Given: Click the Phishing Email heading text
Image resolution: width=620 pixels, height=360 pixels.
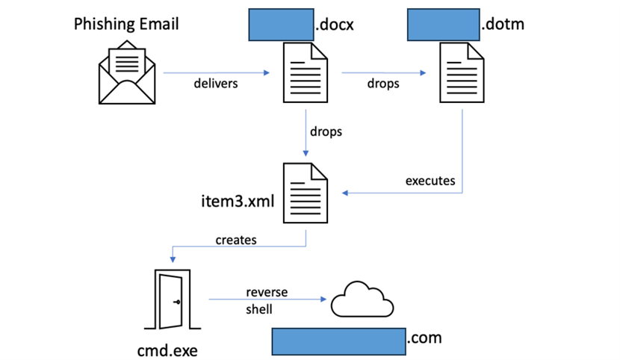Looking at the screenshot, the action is pyautogui.click(x=126, y=25).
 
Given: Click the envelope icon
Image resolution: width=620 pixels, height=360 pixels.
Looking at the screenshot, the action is pyautogui.click(x=127, y=72).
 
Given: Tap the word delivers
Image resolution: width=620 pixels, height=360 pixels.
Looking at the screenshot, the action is pyautogui.click(x=215, y=84).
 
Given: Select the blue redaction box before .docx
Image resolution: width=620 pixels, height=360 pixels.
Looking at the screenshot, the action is pyautogui.click(x=281, y=25).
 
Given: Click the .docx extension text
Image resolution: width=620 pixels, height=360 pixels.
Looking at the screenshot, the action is pyautogui.click(x=335, y=25).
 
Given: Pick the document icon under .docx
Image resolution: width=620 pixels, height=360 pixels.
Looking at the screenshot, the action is pyautogui.click(x=306, y=72).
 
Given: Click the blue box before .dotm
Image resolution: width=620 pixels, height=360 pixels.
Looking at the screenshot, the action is pyautogui.click(x=444, y=25).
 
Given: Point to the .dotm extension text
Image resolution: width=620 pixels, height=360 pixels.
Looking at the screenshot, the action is pyautogui.click(x=503, y=24).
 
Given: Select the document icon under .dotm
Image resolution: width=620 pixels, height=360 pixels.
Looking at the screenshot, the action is pyautogui.click(x=462, y=72).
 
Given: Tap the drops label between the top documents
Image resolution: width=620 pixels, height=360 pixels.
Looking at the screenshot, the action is pyautogui.click(x=383, y=84).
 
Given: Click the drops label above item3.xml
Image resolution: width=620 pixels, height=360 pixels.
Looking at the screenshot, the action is pyautogui.click(x=326, y=131).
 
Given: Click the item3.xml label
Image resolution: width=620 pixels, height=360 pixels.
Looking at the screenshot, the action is pyautogui.click(x=238, y=201).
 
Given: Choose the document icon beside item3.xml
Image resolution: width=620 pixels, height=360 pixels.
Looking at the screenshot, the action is pyautogui.click(x=306, y=193).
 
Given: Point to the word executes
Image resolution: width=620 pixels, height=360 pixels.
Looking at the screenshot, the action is pyautogui.click(x=430, y=181).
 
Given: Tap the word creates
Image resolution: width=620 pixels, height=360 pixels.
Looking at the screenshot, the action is pyautogui.click(x=236, y=240).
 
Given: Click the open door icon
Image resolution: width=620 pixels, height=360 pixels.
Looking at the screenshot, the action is pyautogui.click(x=173, y=300).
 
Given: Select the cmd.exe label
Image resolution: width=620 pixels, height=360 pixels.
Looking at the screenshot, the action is pyautogui.click(x=167, y=350).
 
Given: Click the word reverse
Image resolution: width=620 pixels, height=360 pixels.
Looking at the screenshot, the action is pyautogui.click(x=267, y=293).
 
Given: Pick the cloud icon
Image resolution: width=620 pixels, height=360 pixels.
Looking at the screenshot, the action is pyautogui.click(x=362, y=300).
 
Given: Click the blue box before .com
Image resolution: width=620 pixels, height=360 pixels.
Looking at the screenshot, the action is pyautogui.click(x=339, y=341).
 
